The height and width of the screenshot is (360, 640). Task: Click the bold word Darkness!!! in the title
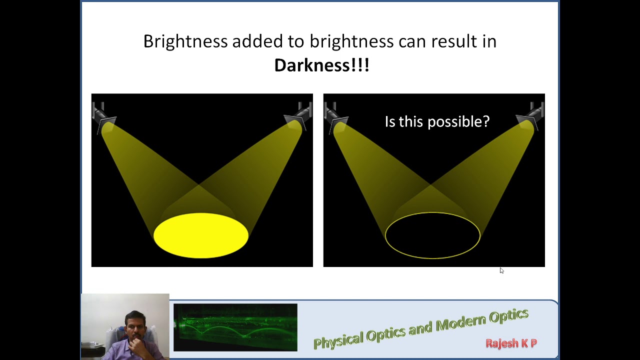pos(321,65)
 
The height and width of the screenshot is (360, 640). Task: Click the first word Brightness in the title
pos(185,41)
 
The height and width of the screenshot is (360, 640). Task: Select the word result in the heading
pos(455,41)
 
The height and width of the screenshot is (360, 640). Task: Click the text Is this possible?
pos(437,121)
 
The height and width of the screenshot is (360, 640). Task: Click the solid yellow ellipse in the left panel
pos(201,235)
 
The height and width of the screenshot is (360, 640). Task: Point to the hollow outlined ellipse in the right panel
pos(432,235)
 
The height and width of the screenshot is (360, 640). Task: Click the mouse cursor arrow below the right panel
pos(501,270)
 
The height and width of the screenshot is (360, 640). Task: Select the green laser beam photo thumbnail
pos(235,327)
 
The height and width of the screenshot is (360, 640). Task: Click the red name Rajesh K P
pos(511,343)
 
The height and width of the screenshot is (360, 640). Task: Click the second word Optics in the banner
pos(508,316)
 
